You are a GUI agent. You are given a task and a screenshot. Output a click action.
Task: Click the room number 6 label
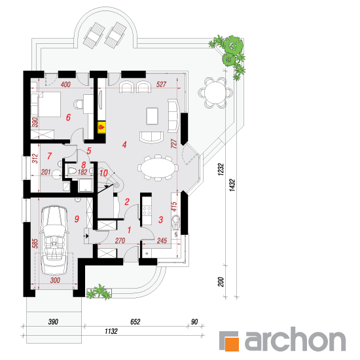[x=68, y=117]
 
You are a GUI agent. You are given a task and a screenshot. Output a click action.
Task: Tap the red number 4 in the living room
[x=124, y=145]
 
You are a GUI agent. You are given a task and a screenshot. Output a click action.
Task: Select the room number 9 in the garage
[x=77, y=219]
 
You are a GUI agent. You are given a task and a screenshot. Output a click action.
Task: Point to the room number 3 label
[x=161, y=220]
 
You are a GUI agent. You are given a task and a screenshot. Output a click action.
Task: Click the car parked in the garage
[x=54, y=240]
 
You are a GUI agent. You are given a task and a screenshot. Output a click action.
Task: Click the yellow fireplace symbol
[x=101, y=127]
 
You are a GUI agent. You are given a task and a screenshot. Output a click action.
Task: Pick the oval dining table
[x=158, y=168]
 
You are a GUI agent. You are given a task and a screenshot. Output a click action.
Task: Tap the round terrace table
[x=215, y=92]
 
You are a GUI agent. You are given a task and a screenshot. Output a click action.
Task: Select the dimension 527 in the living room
[x=161, y=84]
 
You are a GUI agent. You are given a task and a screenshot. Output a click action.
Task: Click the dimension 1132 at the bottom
[x=111, y=331]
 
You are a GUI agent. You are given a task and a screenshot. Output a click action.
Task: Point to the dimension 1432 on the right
[x=232, y=185]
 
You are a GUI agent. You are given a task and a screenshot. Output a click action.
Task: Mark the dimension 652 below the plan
[x=135, y=321]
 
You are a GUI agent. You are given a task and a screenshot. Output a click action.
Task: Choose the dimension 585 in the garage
[x=35, y=243]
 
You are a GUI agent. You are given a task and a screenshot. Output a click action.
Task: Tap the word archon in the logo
[x=295, y=339]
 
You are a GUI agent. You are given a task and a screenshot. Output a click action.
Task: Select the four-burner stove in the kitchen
[x=147, y=211]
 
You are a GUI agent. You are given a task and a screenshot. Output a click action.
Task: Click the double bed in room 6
[x=48, y=104]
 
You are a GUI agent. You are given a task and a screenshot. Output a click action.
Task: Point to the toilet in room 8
[x=72, y=171]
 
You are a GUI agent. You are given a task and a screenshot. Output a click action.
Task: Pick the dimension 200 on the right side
[x=221, y=281]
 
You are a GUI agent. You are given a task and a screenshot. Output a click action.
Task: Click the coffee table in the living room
[x=152, y=116]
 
